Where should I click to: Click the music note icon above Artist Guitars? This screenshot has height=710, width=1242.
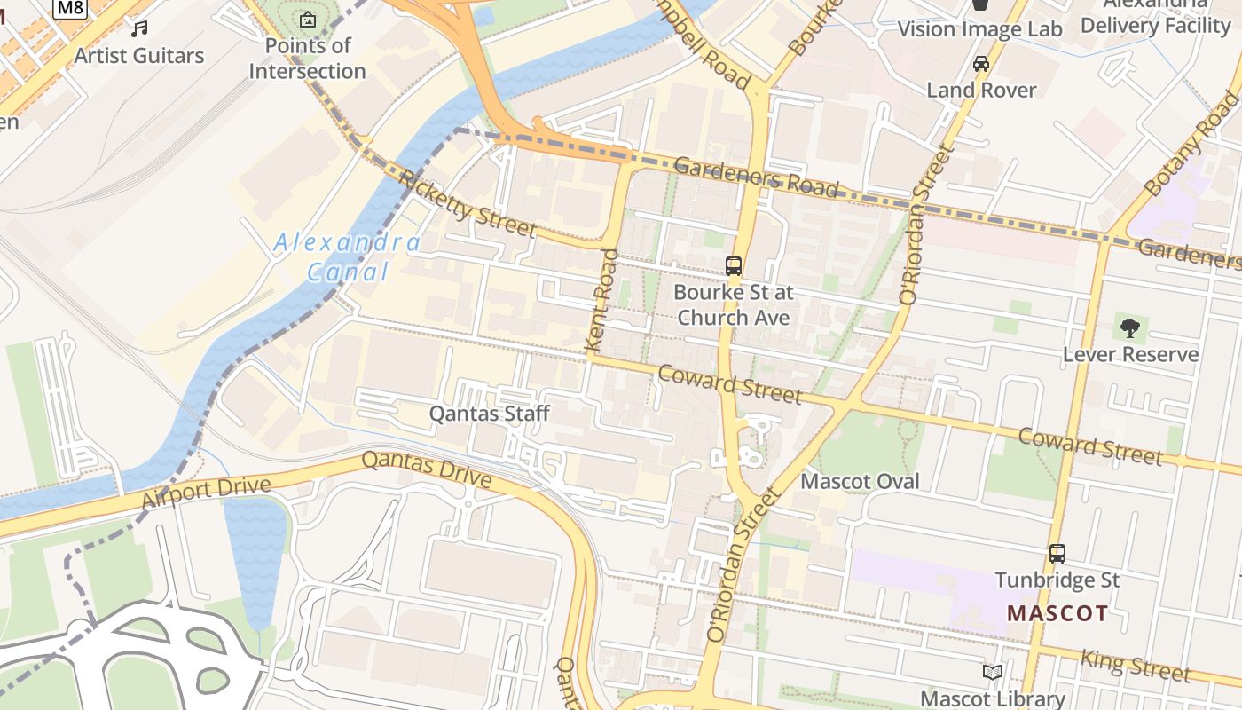tap(139, 28)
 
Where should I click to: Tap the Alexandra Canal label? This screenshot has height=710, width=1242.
tap(348, 256)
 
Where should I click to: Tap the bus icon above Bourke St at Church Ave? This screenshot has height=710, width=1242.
tap(734, 265)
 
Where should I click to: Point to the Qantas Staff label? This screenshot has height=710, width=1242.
tap(490, 414)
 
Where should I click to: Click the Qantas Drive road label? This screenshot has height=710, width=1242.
tap(427, 469)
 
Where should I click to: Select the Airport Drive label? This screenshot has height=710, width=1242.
tap(205, 493)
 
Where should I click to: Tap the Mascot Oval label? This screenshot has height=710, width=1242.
tap(861, 482)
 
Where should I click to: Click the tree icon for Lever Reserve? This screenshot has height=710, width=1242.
tap(1130, 328)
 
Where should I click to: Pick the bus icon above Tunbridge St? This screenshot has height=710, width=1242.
tap(1057, 554)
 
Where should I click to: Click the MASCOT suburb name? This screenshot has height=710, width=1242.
tap(1057, 613)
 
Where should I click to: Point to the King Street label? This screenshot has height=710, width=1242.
tap(1136, 665)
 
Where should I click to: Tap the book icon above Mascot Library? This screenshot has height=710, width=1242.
tap(993, 673)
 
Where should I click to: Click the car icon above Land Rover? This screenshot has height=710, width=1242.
tap(981, 64)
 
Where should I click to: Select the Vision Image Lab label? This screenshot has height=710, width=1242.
tap(979, 29)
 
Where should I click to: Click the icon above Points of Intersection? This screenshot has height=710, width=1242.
tap(307, 19)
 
